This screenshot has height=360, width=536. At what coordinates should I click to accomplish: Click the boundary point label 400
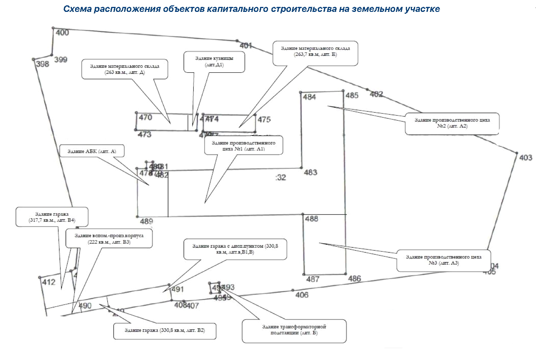(x=62, y=33)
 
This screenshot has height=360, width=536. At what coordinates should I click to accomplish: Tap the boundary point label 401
(x=246, y=46)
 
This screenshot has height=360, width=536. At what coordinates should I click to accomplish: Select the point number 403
(x=525, y=158)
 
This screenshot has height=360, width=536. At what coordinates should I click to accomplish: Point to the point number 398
(x=42, y=64)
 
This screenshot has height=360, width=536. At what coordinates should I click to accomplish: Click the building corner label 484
(x=309, y=97)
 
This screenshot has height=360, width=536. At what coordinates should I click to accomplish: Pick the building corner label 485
(x=352, y=95)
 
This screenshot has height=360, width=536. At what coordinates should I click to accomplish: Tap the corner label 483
(x=310, y=172)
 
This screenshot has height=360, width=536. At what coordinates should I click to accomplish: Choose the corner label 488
(x=312, y=219)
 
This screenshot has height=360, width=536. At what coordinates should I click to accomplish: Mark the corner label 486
(x=354, y=279)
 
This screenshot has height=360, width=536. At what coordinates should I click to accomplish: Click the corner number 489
(x=146, y=221)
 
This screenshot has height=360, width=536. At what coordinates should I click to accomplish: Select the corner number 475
(x=264, y=120)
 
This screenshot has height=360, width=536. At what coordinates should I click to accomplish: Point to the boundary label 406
(x=302, y=295)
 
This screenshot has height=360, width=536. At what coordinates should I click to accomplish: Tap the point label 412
(x=49, y=283)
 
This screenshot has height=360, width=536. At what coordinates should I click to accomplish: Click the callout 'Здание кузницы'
(x=214, y=62)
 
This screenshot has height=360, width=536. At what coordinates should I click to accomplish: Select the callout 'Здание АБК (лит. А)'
(x=92, y=151)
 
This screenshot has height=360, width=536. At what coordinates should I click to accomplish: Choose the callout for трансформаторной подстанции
(x=294, y=330)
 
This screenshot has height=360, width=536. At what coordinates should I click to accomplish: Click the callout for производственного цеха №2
(x=452, y=123)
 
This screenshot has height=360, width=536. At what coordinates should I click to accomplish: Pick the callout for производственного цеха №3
(x=444, y=260)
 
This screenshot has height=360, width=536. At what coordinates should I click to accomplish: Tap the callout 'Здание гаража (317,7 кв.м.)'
(x=52, y=217)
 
